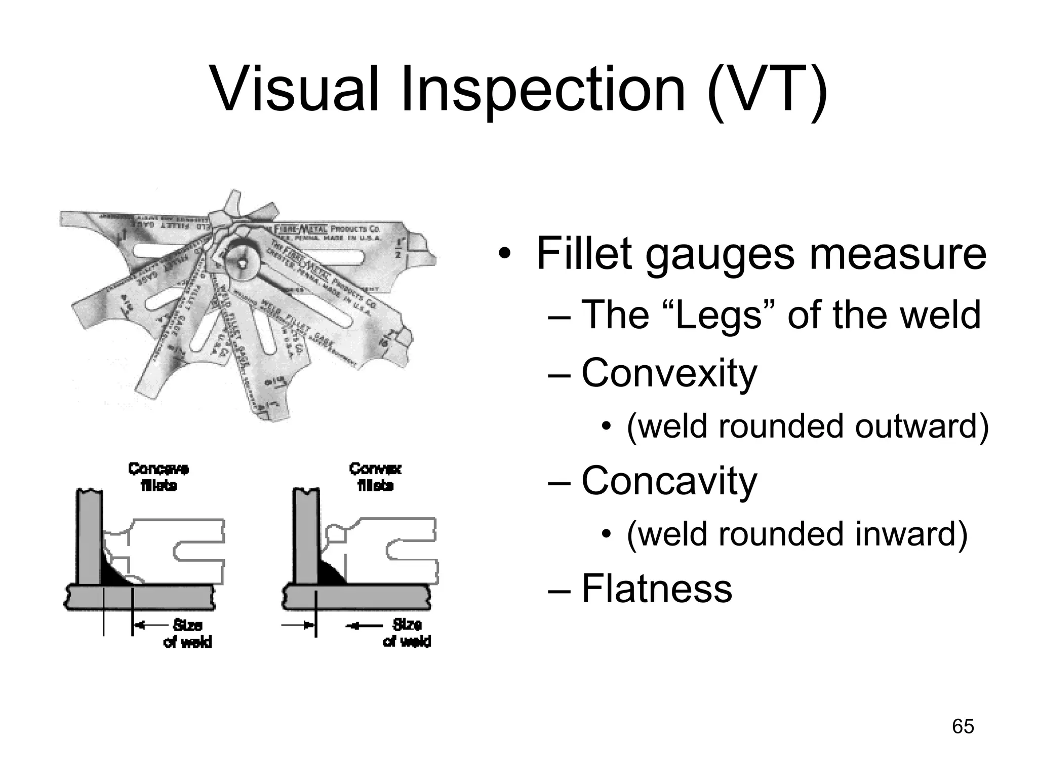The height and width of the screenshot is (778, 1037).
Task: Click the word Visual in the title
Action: pyautogui.click(x=294, y=90)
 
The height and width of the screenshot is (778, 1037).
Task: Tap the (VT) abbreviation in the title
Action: pyautogui.click(x=767, y=90)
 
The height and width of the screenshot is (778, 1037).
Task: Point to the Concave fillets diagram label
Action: pyautogui.click(x=158, y=477)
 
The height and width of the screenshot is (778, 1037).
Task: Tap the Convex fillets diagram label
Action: pyautogui.click(x=375, y=477)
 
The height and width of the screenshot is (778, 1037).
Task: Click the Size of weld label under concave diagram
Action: pyautogui.click(x=187, y=633)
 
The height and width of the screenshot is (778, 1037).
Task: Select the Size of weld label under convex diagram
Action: pyautogui.click(x=407, y=633)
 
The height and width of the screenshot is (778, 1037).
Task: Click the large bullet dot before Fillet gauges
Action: pyautogui.click(x=503, y=254)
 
